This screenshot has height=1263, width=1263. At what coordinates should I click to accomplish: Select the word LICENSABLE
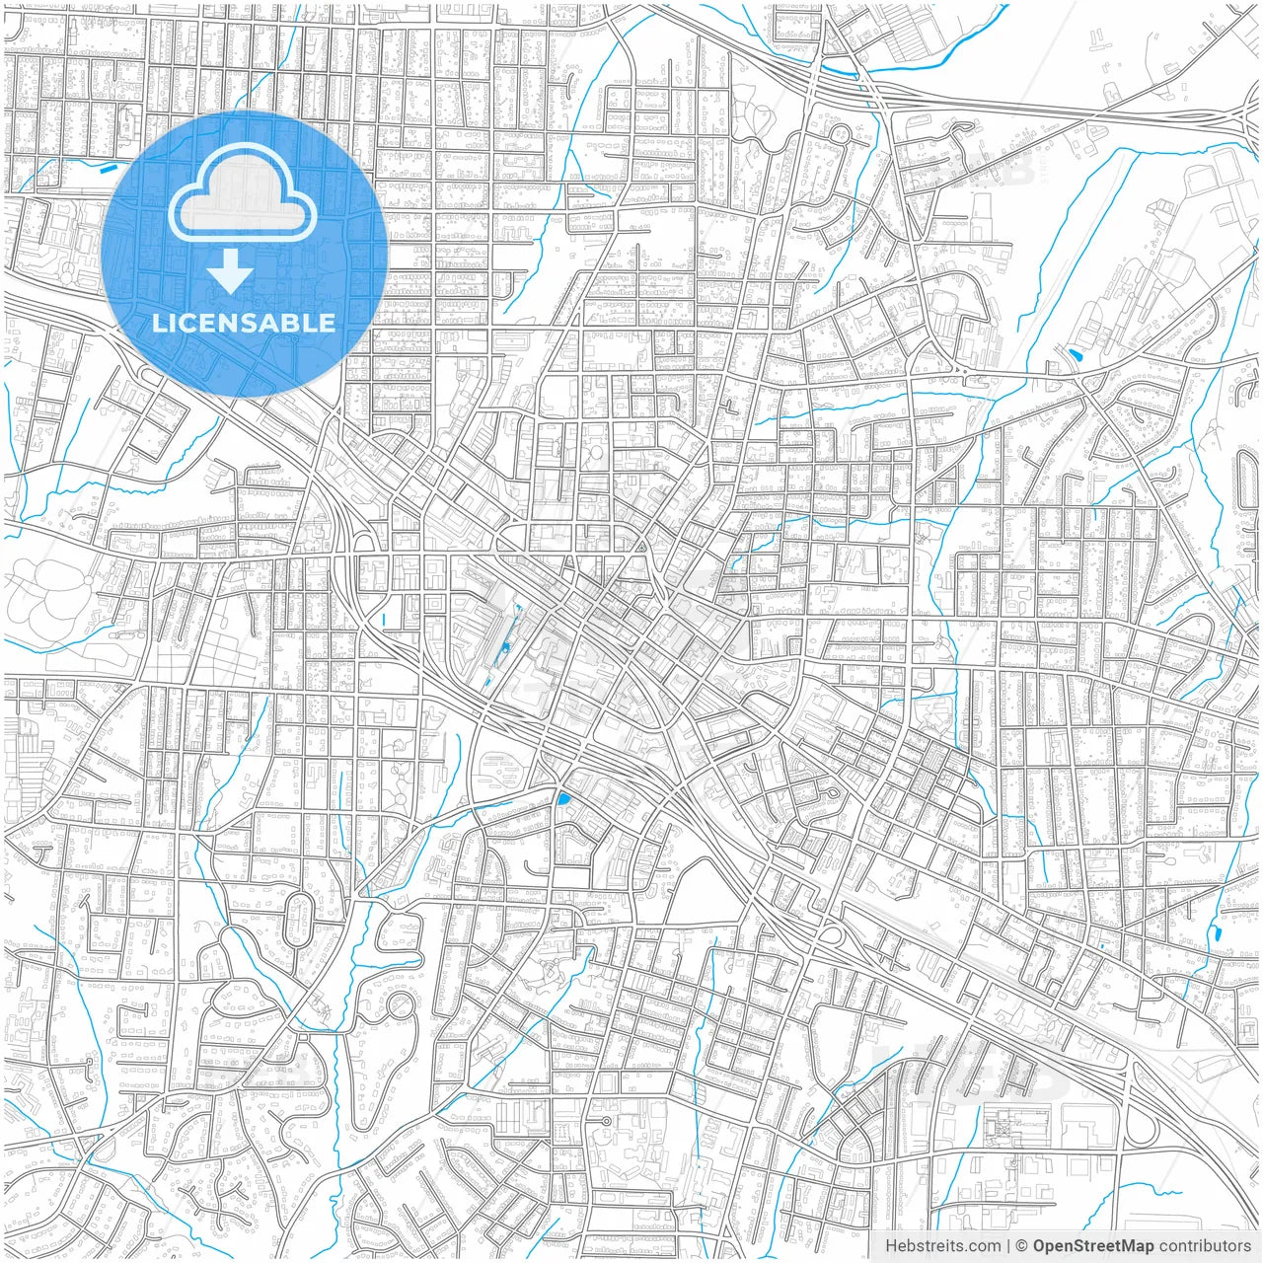pos(244,323)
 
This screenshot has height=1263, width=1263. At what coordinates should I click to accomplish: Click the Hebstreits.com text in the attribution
pos(942,1246)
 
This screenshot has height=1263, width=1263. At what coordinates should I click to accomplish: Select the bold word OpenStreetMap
pos(1093,1246)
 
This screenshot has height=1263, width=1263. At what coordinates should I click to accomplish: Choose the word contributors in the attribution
pos(1205,1246)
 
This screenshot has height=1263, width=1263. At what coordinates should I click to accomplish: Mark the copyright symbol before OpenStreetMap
pos(1022,1246)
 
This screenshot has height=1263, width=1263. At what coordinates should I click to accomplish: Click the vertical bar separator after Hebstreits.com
pos(1008,1246)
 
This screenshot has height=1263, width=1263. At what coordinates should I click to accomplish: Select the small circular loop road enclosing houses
pos(401,1007)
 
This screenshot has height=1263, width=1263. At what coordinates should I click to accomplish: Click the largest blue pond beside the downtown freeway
pos(563,799)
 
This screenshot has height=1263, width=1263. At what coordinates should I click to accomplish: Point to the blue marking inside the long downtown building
pos(505,646)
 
